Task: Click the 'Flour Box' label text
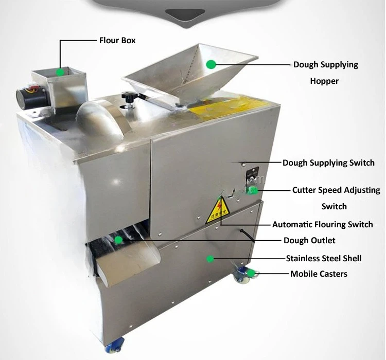pyautogui.click(x=117, y=40)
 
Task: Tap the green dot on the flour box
pyautogui.click(x=60, y=72)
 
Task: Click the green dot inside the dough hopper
pyautogui.click(x=210, y=64)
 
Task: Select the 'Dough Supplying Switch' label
pyautogui.click(x=328, y=163)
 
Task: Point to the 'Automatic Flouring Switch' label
pyautogui.click(x=323, y=224)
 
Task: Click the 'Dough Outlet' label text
pyautogui.click(x=309, y=240)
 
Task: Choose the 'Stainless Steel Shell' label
pyautogui.click(x=324, y=258)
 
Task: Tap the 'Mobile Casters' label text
pyautogui.click(x=319, y=274)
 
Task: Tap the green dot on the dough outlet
pyautogui.click(x=119, y=240)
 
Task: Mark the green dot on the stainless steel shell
pyautogui.click(x=210, y=259)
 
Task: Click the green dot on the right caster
pyautogui.click(x=251, y=273)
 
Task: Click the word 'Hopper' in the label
pyautogui.click(x=324, y=81)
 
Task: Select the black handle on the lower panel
pyautogui.click(x=248, y=236)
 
